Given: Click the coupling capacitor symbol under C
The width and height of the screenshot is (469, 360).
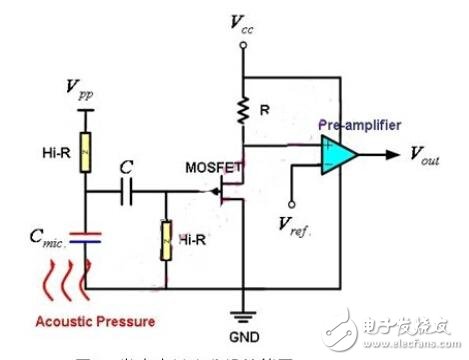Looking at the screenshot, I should coord(126,193).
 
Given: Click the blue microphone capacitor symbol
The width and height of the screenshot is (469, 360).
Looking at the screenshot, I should coord(86,240).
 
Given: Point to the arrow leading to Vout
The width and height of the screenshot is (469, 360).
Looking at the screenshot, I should coord(386,155).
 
